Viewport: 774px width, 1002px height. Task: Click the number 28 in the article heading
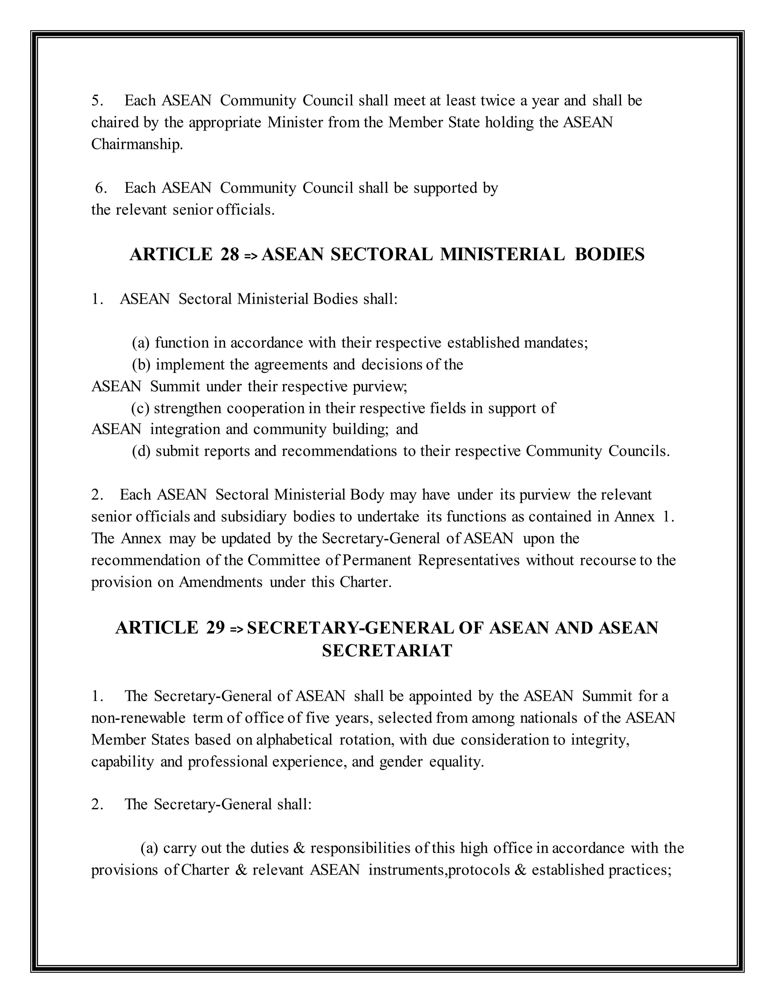(229, 254)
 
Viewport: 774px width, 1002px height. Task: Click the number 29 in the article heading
(215, 628)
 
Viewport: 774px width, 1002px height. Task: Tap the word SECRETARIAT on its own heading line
(387, 651)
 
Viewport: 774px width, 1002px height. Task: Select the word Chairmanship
(137, 144)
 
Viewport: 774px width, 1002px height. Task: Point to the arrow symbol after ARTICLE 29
(236, 629)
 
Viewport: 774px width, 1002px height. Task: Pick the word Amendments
(220, 582)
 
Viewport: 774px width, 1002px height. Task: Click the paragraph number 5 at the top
(97, 101)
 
